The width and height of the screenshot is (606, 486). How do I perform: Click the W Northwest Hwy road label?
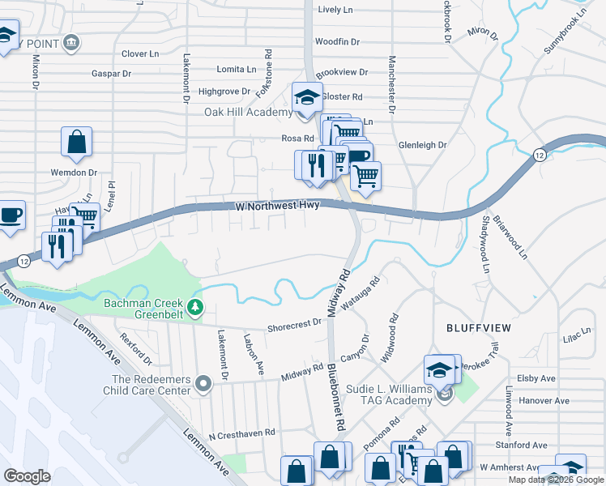point(279,207)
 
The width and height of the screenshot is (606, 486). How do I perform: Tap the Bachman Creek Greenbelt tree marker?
point(194,308)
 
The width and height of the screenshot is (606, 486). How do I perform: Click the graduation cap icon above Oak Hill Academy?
point(307,98)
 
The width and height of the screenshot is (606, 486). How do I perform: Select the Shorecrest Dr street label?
point(294,324)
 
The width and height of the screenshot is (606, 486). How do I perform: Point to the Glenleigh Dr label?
point(422,145)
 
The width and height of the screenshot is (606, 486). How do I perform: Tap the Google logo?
point(28,475)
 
